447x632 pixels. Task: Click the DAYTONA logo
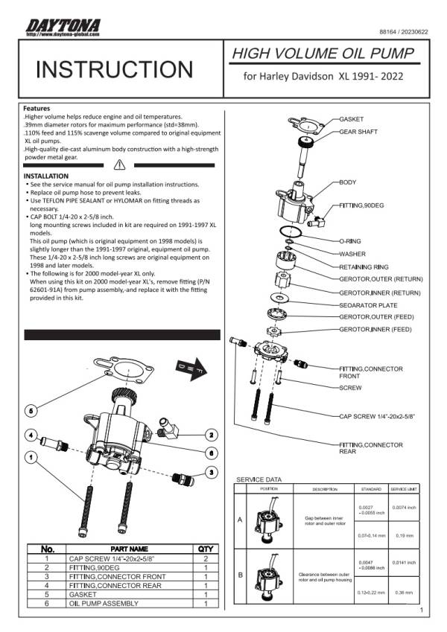tap(63, 27)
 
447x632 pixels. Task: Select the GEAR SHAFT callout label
tap(358, 132)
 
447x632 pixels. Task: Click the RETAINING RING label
tap(367, 266)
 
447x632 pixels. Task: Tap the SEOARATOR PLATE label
tap(368, 305)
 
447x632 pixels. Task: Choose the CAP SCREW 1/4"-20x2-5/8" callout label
tap(376, 417)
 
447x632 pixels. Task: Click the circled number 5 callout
tap(31, 410)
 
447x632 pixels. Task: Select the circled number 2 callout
tap(212, 434)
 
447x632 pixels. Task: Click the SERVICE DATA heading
tap(259, 479)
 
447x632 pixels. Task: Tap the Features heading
tap(38, 109)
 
